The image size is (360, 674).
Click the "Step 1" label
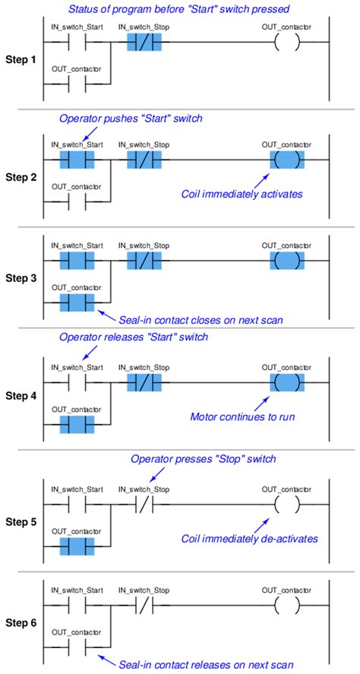point(21,60)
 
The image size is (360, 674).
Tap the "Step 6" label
point(21,622)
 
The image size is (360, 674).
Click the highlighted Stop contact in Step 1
point(144,42)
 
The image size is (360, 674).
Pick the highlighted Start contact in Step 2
point(77,160)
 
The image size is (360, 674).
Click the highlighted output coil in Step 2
point(287,160)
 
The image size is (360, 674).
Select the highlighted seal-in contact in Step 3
point(77,303)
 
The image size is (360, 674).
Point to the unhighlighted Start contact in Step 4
point(77,381)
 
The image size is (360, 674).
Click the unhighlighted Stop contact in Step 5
point(144,504)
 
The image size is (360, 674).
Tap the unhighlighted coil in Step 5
point(287,504)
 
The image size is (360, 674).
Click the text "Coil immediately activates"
point(242,194)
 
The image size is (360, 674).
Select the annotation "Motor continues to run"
point(243,416)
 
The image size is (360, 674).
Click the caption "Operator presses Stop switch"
point(204,459)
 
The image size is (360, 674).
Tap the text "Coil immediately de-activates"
point(250,539)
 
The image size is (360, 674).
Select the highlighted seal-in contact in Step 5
point(77,546)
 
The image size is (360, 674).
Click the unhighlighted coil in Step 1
point(287,42)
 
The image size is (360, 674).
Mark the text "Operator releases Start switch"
point(134,337)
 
